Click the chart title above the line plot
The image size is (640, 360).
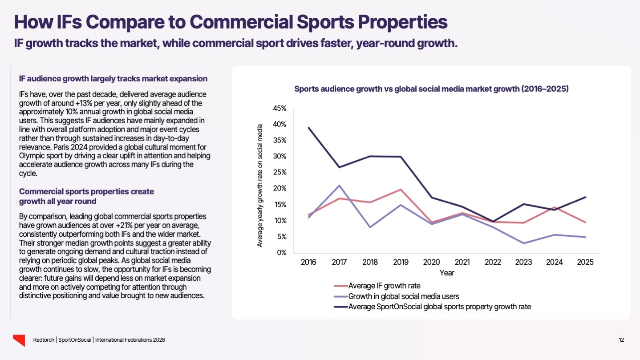(432, 89)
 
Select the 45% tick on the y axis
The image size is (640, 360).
(280, 109)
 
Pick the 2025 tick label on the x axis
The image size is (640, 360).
(585, 262)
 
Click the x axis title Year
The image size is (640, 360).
(447, 273)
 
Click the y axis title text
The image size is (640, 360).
(260, 186)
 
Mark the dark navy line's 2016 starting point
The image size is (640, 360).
(308, 128)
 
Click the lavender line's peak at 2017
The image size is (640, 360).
(339, 186)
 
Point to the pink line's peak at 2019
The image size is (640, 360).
(401, 190)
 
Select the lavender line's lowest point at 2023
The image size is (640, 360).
(523, 243)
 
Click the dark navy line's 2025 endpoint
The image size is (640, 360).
(585, 197)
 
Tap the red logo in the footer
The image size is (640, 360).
(19, 340)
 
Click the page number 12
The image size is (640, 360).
(621, 340)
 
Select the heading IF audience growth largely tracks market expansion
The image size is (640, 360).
(113, 79)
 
